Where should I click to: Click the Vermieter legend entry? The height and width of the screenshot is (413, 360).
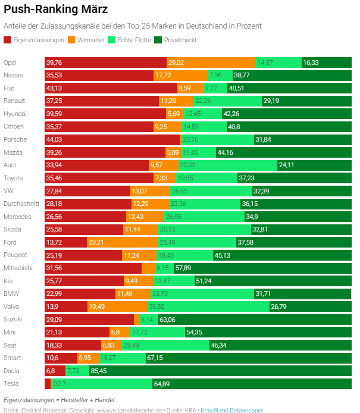coord(87,40)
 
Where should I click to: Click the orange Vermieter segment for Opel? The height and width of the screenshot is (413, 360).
coord(211,62)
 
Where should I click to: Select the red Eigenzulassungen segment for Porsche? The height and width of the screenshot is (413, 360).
coord(112,139)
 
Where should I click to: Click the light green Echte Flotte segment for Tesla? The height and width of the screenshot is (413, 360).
coord(102,384)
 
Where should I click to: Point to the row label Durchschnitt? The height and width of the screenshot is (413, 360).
coord(21,204)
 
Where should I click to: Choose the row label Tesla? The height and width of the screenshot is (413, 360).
coord(11,384)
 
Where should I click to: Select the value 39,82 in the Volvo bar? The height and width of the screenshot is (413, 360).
coord(156,306)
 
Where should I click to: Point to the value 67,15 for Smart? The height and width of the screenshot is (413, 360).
coord(156,358)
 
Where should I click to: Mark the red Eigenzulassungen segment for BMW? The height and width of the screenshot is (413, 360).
coord(80,293)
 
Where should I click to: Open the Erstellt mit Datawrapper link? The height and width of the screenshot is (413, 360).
coord(232,410)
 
